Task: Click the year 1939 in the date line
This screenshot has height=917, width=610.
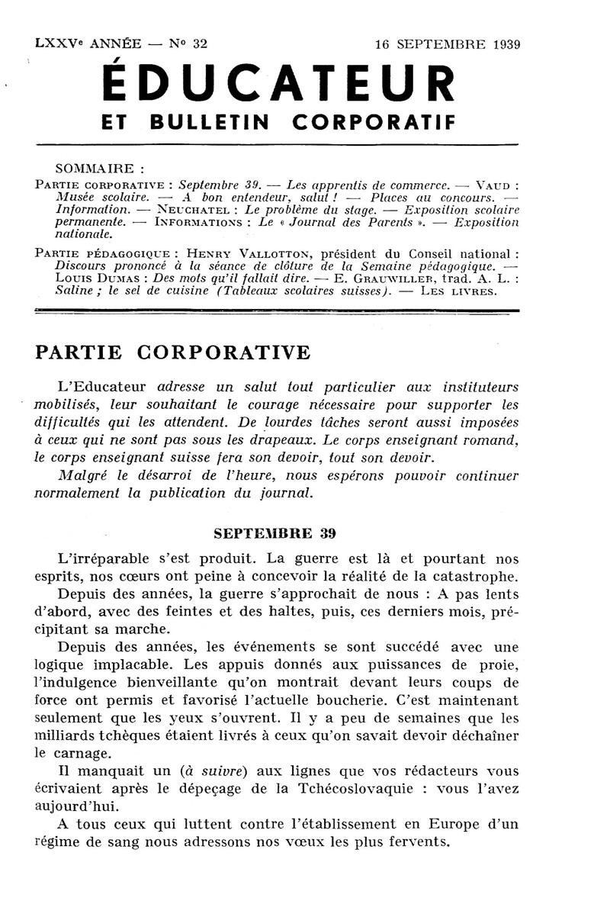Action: [x=502, y=43]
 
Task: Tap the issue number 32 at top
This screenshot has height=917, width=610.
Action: [x=200, y=43]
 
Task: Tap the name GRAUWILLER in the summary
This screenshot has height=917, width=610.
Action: [x=371, y=278]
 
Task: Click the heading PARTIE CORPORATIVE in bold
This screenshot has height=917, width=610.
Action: [x=173, y=353]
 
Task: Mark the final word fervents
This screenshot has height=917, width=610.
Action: [x=418, y=842]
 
